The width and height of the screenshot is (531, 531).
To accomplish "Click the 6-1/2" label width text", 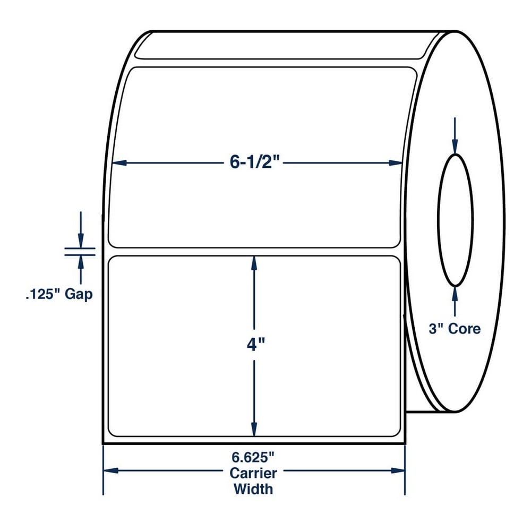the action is [x=256, y=162].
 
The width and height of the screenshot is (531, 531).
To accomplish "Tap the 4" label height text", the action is [x=255, y=345].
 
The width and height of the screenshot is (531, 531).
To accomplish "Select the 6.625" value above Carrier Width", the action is [x=253, y=458].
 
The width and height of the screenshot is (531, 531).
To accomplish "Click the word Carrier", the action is [x=253, y=473].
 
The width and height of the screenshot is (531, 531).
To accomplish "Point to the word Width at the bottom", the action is [x=253, y=489].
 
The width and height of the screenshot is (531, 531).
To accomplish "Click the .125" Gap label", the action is [x=59, y=294].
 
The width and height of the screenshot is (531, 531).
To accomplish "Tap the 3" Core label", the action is [x=455, y=329].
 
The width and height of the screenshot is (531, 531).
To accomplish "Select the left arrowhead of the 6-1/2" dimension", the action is [x=119, y=163].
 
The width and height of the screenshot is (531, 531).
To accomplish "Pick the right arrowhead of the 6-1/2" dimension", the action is [x=396, y=163].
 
